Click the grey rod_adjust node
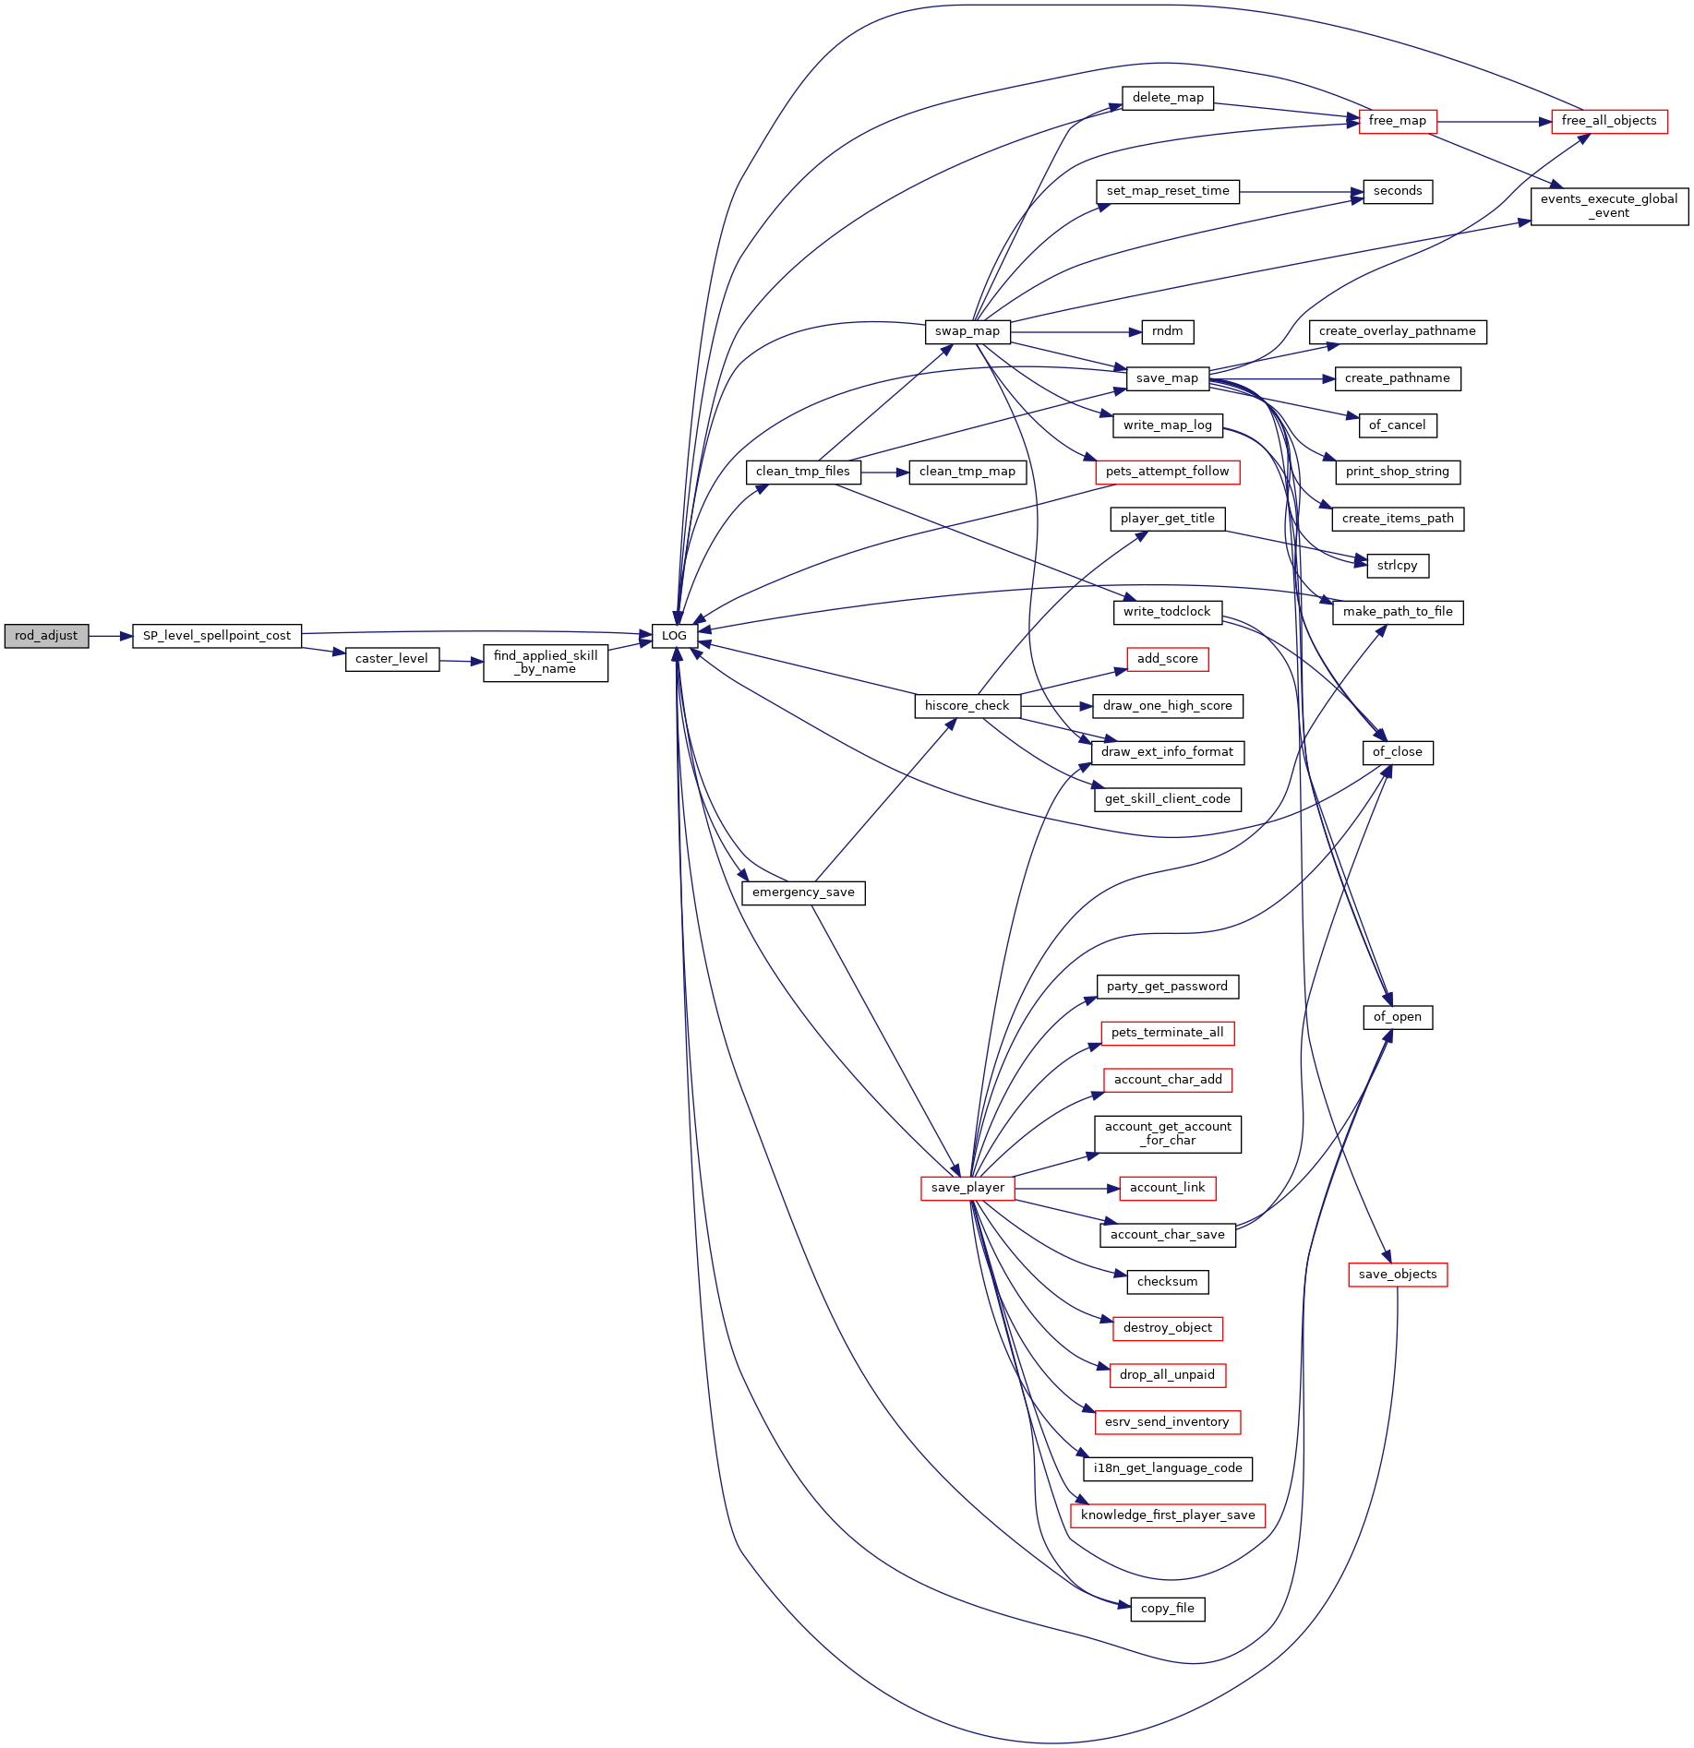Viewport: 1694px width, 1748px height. (x=46, y=636)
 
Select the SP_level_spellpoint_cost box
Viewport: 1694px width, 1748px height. (x=217, y=636)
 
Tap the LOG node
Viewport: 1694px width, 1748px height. (x=674, y=636)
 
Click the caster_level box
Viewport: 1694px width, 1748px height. (x=392, y=659)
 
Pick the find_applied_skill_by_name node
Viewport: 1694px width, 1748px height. (x=546, y=663)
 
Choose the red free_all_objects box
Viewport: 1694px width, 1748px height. (x=1609, y=121)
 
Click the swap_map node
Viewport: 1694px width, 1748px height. (x=967, y=332)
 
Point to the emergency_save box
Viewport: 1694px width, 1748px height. (x=803, y=892)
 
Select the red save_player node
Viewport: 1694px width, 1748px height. (x=967, y=1189)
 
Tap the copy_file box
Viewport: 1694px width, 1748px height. (x=1168, y=1609)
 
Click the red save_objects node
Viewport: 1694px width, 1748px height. (x=1398, y=1275)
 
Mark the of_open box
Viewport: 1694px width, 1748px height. (x=1398, y=1017)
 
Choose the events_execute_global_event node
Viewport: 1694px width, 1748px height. (x=1609, y=206)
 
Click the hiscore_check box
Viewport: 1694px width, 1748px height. (x=967, y=706)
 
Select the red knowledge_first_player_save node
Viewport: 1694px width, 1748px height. (x=1168, y=1515)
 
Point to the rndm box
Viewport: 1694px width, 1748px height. (x=1168, y=332)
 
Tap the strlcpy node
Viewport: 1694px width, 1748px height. (x=1398, y=566)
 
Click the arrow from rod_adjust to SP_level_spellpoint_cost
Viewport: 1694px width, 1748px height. (x=111, y=636)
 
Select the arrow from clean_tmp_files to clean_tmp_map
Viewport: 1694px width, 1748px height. (x=885, y=473)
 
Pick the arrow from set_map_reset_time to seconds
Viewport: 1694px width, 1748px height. (x=1302, y=192)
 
